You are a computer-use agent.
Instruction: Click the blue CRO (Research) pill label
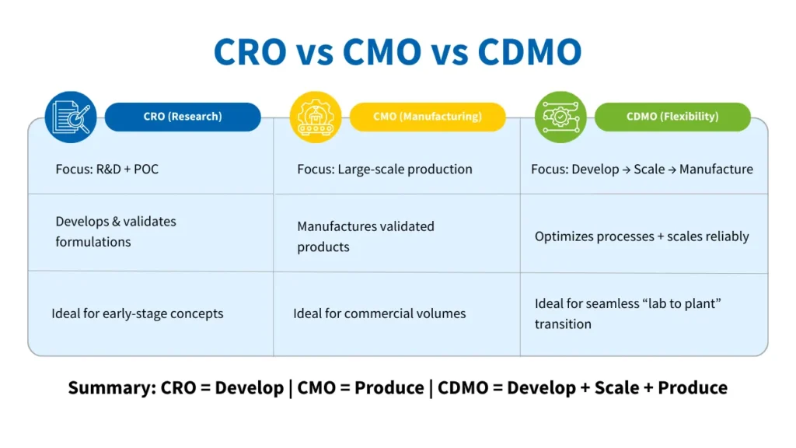point(183,117)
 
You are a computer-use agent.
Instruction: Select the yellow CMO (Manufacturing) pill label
point(428,117)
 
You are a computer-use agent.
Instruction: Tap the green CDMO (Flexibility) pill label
point(672,117)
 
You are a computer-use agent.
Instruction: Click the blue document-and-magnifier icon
point(71,117)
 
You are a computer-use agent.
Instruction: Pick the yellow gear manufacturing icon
point(316,117)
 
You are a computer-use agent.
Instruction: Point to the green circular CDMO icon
point(560,117)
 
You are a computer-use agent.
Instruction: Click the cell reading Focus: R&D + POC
point(106,169)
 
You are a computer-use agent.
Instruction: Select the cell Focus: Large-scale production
point(384,169)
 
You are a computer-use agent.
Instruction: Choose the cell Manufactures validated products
point(365,236)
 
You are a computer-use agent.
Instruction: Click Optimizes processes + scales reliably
point(641,236)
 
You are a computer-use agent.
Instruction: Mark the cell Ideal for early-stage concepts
point(137,313)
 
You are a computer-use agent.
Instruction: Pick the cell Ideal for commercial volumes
point(379,313)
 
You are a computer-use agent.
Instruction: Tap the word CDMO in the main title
point(529,51)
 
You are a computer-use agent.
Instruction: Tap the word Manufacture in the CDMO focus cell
point(716,169)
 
